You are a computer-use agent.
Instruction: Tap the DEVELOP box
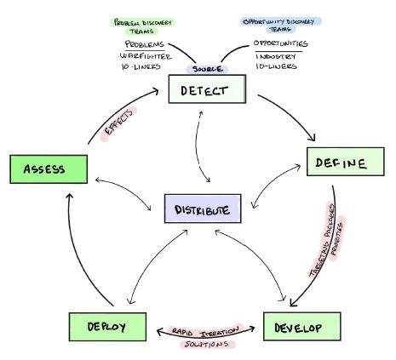coord(295,326)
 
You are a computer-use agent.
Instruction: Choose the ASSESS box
coord(49,168)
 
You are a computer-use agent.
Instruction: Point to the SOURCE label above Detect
coord(208,68)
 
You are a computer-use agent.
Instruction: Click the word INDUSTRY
coord(278,55)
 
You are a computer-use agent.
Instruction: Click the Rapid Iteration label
coord(203,329)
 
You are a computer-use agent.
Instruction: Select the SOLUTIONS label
coord(207,344)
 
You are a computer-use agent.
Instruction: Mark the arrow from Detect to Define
coord(295,111)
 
